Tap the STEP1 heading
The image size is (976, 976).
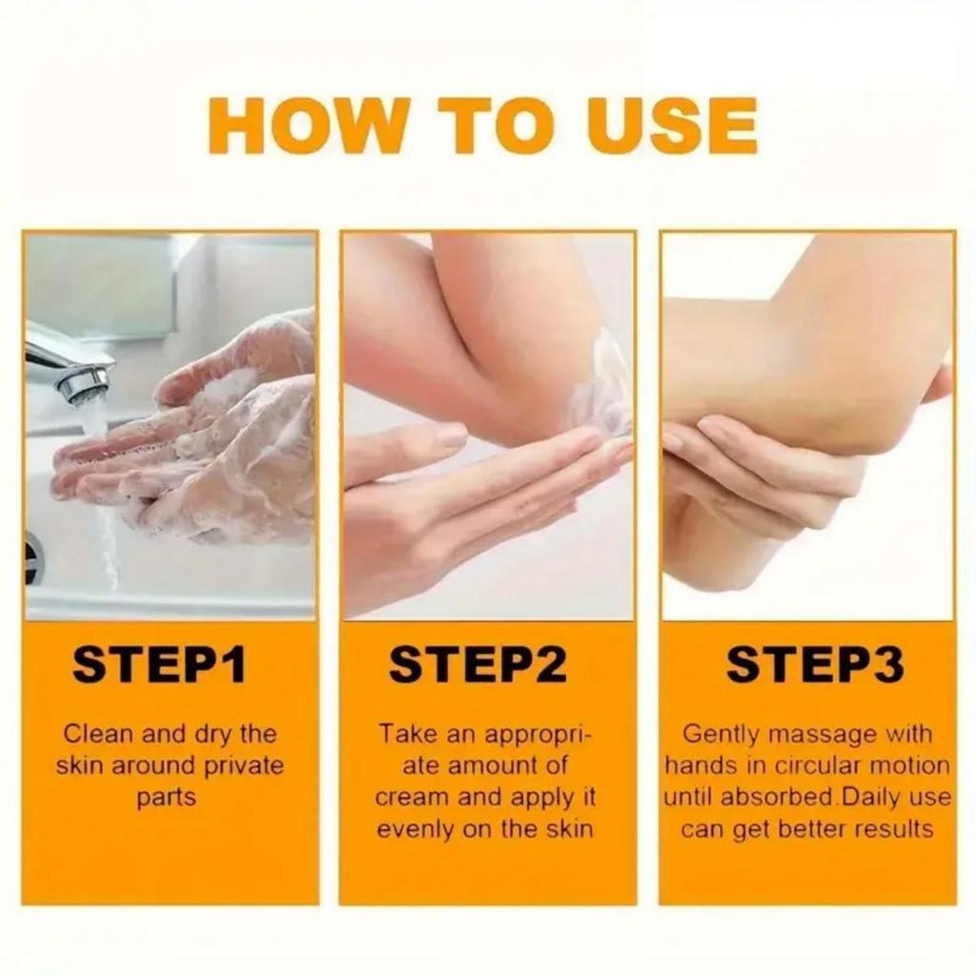point(159,665)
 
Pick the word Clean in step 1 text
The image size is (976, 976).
point(98,734)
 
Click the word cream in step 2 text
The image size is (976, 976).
point(410,797)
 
